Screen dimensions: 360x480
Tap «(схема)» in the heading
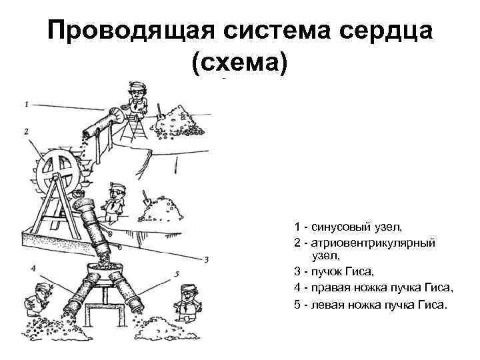[239, 63]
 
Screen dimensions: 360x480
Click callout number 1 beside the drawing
[26, 104]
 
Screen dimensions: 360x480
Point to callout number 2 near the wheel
[26, 131]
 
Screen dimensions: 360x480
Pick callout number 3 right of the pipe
[207, 259]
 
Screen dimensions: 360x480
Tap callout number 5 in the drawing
[176, 273]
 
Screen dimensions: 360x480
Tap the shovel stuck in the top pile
[160, 109]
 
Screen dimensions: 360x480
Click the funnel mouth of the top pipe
[120, 115]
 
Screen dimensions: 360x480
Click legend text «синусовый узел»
[346, 227]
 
